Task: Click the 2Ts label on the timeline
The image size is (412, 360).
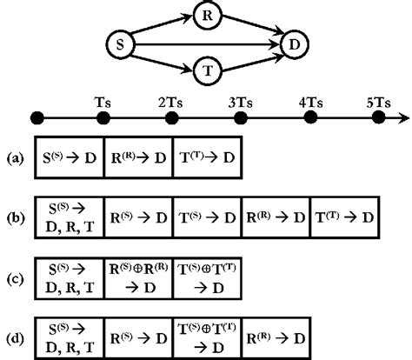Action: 171,101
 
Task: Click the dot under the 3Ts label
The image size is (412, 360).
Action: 241,117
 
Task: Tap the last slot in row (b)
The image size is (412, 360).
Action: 345,215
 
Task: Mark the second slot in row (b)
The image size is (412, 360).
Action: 139,215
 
